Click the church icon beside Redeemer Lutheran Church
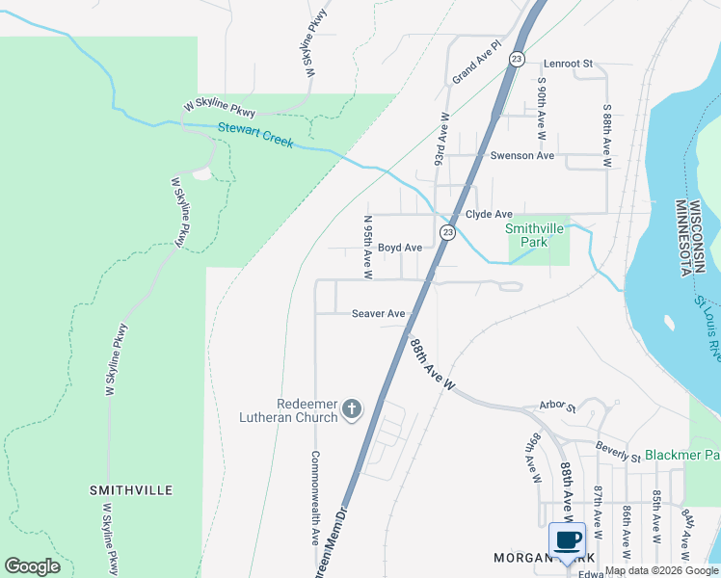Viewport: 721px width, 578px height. pos(352,409)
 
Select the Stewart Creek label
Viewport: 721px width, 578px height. pos(254,135)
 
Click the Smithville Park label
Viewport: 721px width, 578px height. pos(526,235)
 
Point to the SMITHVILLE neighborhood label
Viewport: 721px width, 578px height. pos(131,490)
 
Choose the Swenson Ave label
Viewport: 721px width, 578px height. pos(522,156)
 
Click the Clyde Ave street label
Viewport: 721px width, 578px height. pos(489,215)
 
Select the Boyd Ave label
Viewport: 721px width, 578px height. pos(399,248)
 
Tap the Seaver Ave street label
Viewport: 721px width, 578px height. pos(378,314)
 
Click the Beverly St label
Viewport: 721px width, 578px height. pos(618,452)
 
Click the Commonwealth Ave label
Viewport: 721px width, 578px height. pos(314,496)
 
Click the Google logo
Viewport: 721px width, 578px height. pos(32,566)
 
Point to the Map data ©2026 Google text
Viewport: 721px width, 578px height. pos(661,571)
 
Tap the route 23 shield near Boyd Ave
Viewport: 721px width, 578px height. pos(447,233)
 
